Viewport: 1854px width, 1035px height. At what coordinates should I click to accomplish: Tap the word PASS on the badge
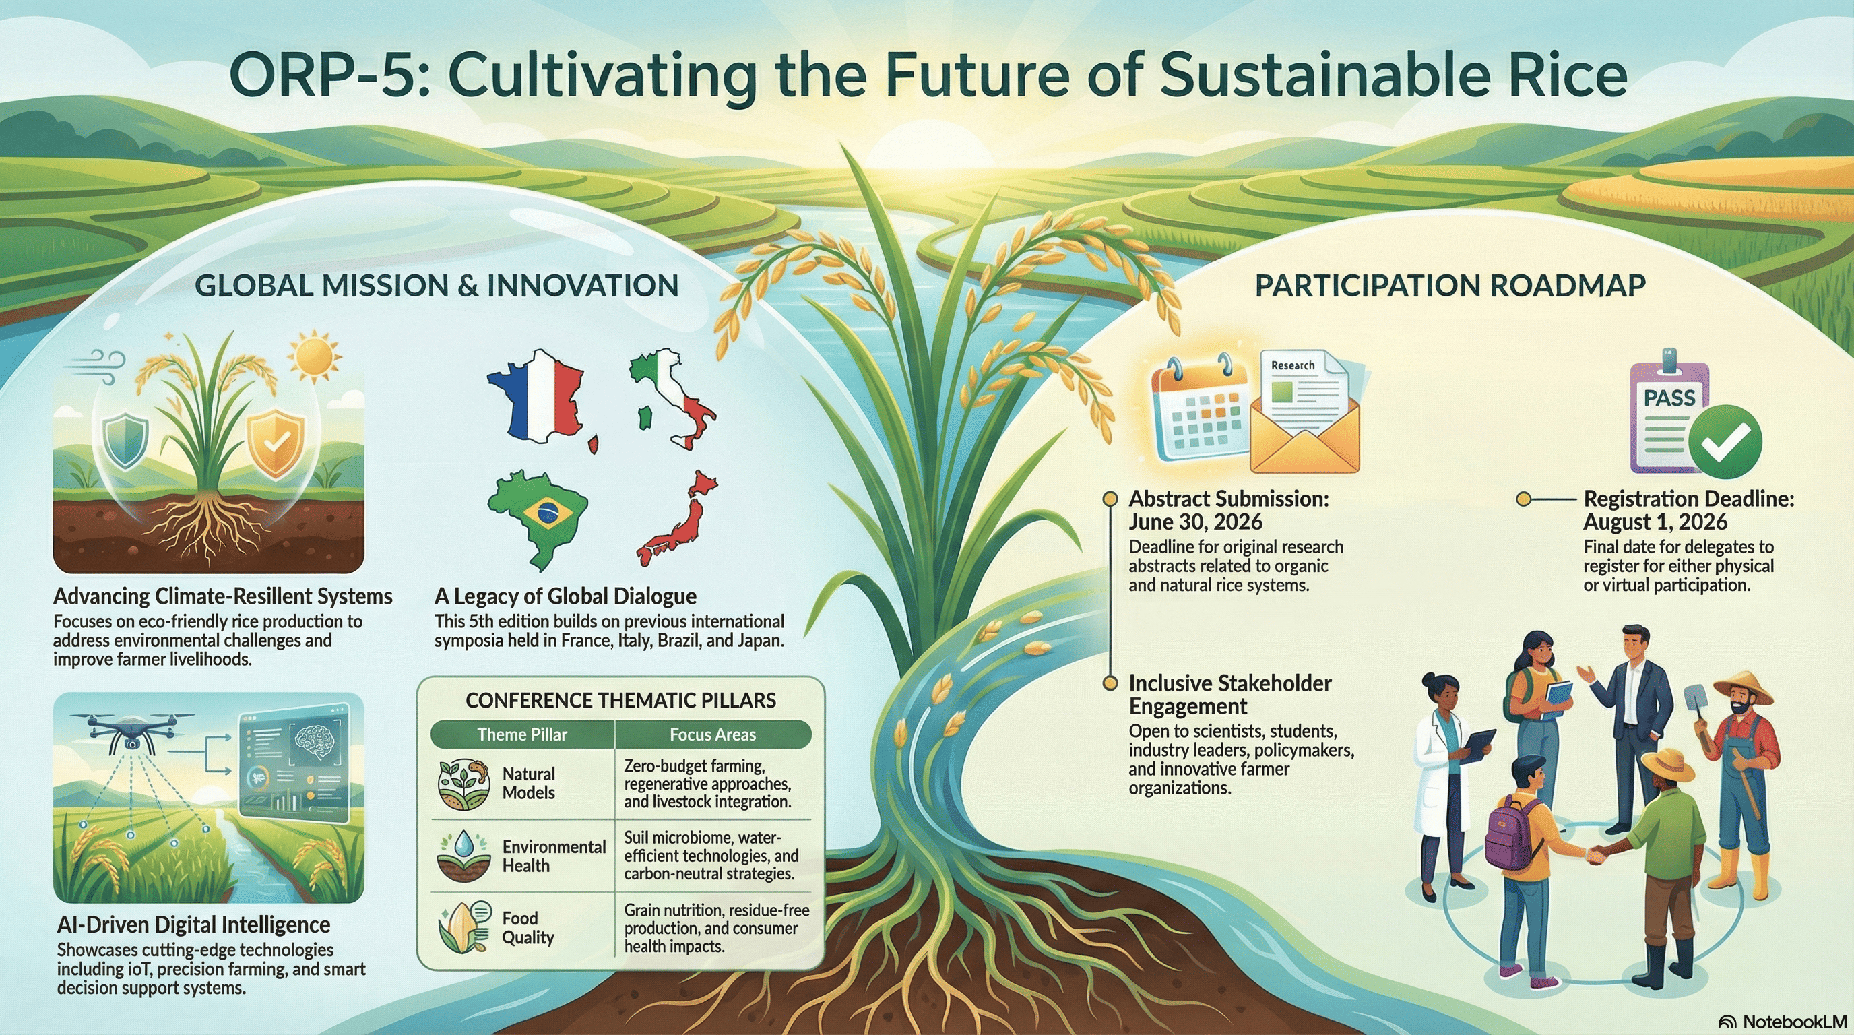pos(1669,398)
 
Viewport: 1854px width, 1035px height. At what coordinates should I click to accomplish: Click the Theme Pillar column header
pos(522,734)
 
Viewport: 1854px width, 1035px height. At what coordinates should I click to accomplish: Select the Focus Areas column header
pos(713,734)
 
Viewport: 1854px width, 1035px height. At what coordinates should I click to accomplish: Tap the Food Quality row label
pos(528,927)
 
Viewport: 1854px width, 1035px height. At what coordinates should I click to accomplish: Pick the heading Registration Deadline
pos(1688,498)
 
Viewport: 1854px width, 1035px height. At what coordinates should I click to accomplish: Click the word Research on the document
pos(1293,365)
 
